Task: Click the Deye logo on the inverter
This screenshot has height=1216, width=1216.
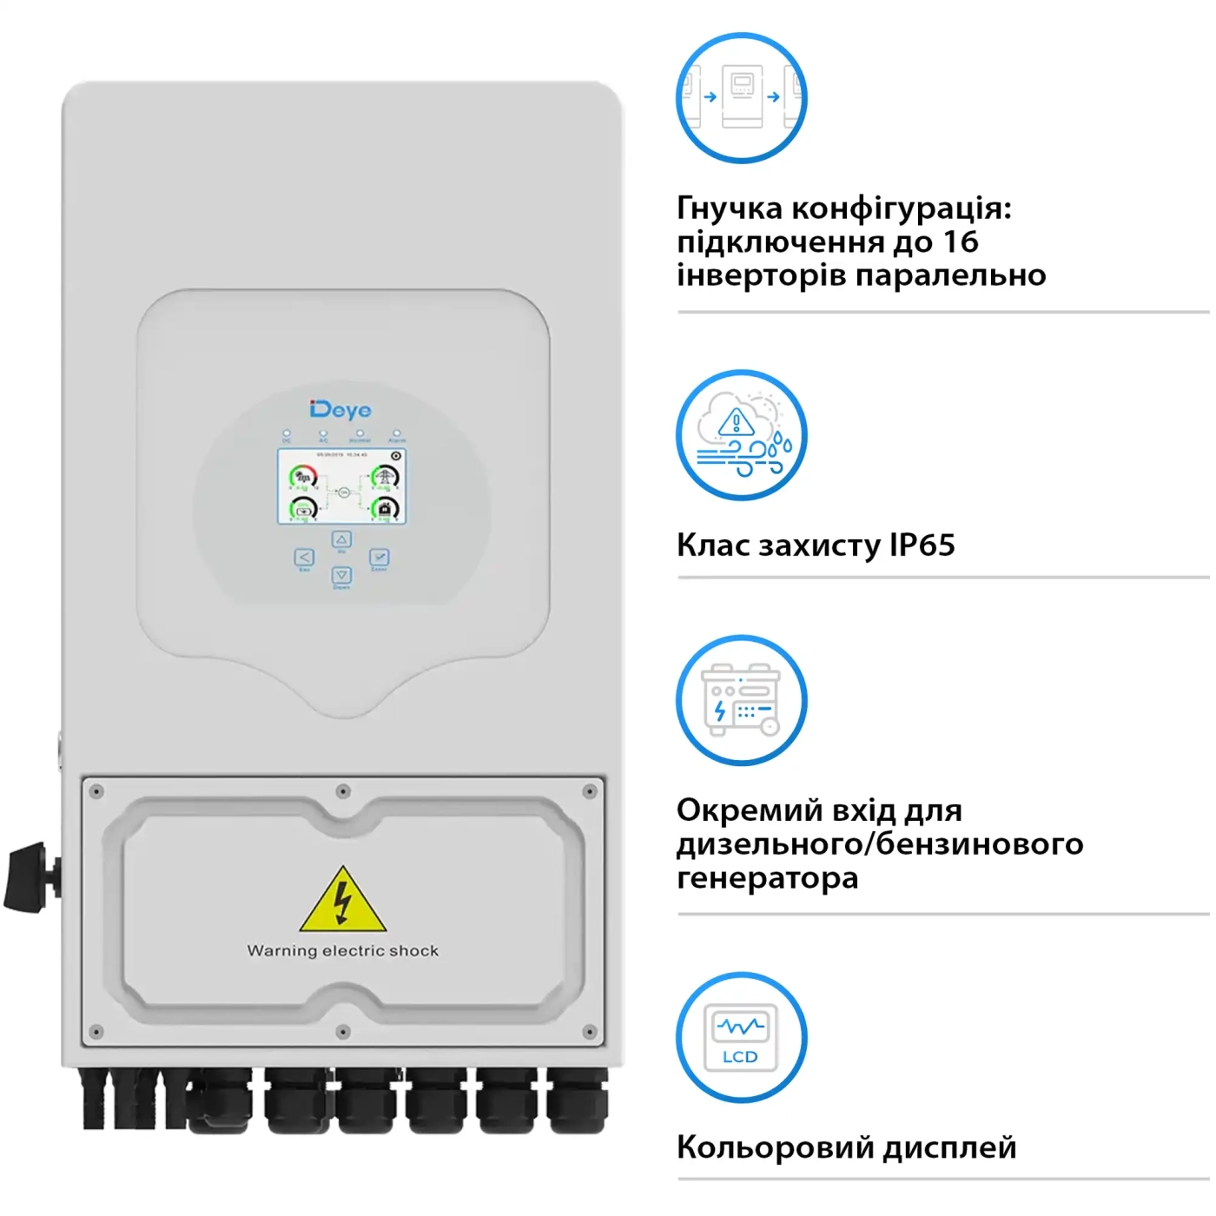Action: click(x=340, y=409)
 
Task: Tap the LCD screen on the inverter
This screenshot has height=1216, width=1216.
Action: click(x=341, y=486)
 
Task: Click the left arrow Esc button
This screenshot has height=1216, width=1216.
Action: click(x=304, y=558)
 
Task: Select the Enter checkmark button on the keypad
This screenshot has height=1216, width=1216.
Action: click(x=379, y=557)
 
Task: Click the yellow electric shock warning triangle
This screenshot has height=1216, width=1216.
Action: click(x=343, y=901)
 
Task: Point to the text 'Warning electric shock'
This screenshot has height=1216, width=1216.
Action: click(x=343, y=950)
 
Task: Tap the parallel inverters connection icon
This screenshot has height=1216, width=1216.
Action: click(x=741, y=97)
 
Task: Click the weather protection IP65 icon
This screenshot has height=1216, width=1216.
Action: click(x=741, y=435)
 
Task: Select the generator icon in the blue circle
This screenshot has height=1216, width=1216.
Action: click(x=741, y=700)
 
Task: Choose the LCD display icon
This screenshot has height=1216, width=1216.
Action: click(x=741, y=1037)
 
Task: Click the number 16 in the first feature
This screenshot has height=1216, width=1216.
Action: click(x=961, y=241)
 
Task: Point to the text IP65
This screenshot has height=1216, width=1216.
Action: click(x=922, y=545)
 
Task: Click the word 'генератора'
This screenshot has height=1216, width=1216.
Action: click(x=767, y=877)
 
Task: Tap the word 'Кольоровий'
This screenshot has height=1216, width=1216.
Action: click(x=775, y=1147)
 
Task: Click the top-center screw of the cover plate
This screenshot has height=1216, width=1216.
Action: click(x=343, y=791)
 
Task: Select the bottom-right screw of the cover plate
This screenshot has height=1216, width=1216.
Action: click(x=589, y=1032)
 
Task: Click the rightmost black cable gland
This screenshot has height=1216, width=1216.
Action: click(x=577, y=1101)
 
